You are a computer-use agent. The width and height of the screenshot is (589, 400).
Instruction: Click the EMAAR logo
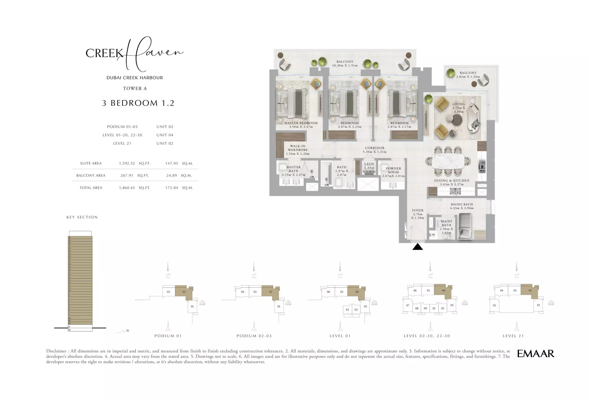click(x=535, y=354)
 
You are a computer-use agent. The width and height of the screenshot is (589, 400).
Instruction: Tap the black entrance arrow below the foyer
click(x=417, y=247)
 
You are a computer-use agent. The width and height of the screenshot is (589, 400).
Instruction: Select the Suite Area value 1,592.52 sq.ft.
click(x=127, y=164)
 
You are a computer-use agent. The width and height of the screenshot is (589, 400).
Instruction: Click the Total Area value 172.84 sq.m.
click(x=172, y=188)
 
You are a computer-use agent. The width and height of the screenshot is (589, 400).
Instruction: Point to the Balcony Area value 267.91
click(x=127, y=176)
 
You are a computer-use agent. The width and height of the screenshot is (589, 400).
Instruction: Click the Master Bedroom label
click(x=301, y=123)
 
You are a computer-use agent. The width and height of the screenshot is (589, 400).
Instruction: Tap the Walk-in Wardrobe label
click(x=297, y=148)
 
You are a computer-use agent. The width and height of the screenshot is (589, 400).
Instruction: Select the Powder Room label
click(x=393, y=171)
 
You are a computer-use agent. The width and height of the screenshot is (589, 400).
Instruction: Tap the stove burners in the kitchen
click(x=482, y=166)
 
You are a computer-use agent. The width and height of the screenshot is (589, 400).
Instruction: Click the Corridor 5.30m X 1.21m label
click(x=375, y=150)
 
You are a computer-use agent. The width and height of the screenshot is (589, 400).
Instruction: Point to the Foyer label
click(x=417, y=211)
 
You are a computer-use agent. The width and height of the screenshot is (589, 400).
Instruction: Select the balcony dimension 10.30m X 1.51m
click(x=345, y=66)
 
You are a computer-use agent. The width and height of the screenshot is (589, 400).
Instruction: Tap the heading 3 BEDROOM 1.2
click(x=138, y=103)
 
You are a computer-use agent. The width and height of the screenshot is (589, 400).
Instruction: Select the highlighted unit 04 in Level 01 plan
click(x=356, y=292)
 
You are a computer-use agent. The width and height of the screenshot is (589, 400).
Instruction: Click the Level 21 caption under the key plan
click(x=513, y=336)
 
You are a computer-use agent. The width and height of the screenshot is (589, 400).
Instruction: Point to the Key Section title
click(x=82, y=217)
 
